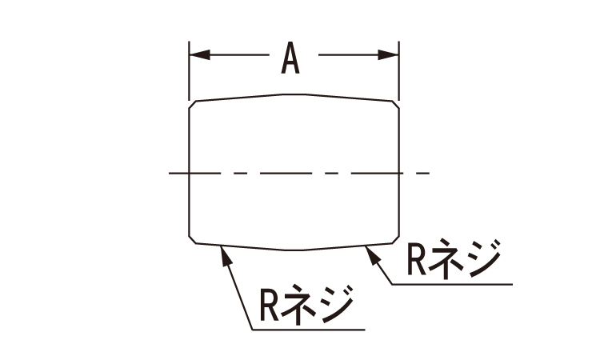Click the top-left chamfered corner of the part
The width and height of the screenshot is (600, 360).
[x=193, y=104]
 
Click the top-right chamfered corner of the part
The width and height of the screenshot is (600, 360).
[x=395, y=104]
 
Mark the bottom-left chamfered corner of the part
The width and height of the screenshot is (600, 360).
[x=193, y=239]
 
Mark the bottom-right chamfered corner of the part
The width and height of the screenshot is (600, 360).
[x=395, y=239]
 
